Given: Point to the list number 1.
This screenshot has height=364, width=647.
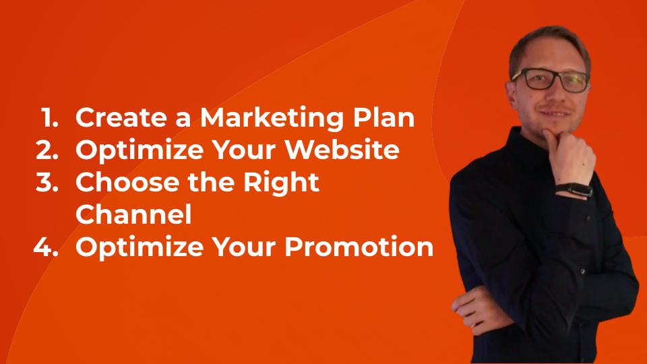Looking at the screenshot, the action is (49, 117).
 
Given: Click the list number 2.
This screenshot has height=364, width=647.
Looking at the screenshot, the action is (47, 150).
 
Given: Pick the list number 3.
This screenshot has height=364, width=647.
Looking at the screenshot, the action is (47, 182).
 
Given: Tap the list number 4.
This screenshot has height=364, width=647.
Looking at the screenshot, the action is (46, 247).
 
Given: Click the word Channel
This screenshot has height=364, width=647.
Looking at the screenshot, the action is (133, 214).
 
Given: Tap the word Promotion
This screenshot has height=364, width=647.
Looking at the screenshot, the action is (359, 247).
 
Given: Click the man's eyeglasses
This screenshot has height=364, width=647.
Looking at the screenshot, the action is (551, 80).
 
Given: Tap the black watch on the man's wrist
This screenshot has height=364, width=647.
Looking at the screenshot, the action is (574, 189).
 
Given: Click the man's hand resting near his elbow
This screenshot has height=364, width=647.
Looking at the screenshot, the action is (475, 309).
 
